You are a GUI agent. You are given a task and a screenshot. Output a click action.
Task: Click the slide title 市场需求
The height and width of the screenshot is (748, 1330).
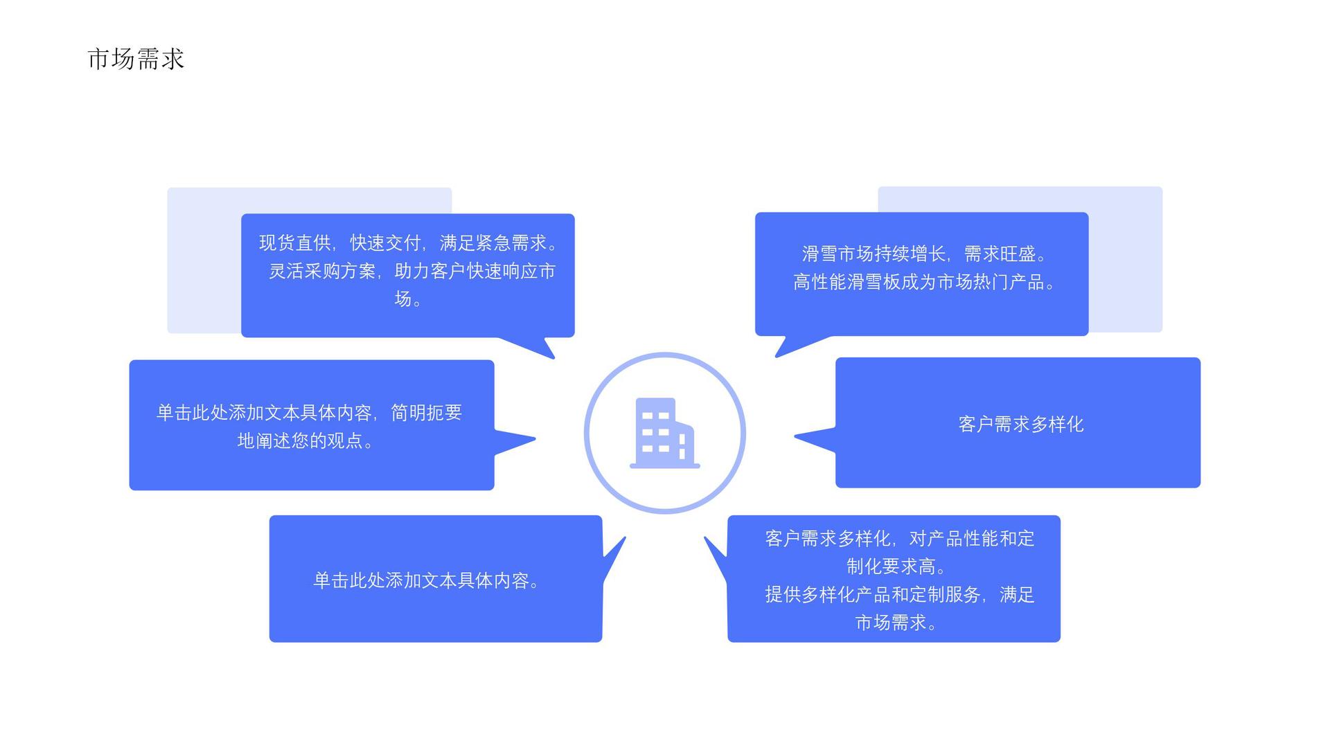pos(136,59)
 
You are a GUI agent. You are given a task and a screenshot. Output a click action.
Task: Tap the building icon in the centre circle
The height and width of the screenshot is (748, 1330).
pos(664,434)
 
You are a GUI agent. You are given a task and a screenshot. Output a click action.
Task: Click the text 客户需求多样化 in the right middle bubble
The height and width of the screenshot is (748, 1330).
pos(1020,424)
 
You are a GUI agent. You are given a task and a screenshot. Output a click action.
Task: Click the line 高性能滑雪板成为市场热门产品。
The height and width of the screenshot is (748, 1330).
pos(925,282)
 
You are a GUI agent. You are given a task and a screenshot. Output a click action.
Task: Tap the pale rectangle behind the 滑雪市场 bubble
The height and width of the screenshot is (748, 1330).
pos(1126,263)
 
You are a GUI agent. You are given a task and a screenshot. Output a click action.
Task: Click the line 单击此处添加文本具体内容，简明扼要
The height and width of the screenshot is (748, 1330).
pos(309,413)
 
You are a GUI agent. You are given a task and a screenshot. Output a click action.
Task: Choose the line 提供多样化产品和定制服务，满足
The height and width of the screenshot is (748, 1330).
pos(899,594)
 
